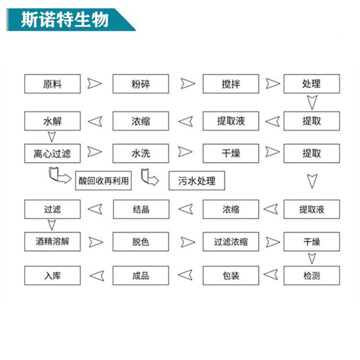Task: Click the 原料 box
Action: tap(52, 84)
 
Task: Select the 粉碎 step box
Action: tap(141, 84)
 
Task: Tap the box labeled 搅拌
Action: tap(231, 84)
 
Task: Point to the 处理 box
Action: tap(312, 84)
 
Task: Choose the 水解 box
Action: tap(52, 121)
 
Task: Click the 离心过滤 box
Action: tap(52, 154)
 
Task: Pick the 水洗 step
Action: tap(141, 154)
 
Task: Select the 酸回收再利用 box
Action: tap(103, 180)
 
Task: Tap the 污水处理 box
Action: tap(197, 180)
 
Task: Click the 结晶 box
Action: tap(141, 209)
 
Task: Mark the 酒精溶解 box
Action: tap(52, 241)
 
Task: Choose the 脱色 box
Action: tap(141, 241)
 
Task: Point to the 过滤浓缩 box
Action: tap(231, 241)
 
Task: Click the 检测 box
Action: tap(312, 276)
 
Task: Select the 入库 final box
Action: tap(52, 276)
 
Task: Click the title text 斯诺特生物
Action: tap(65, 20)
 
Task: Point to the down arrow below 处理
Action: tap(312, 102)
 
